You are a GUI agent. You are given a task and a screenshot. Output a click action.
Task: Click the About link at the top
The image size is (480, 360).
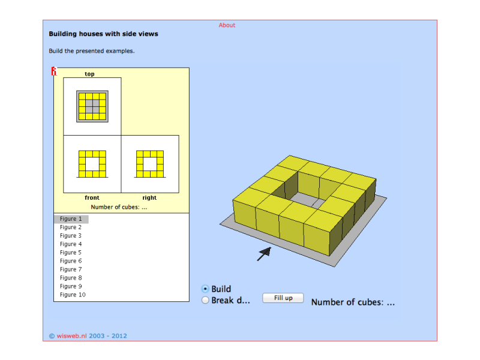coord(227,25)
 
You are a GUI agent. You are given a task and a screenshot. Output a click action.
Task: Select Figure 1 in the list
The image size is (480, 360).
coord(71,219)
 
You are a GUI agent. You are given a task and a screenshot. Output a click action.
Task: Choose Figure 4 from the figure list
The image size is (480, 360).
coord(71,244)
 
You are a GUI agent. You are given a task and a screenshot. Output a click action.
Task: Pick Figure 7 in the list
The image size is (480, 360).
coord(71,269)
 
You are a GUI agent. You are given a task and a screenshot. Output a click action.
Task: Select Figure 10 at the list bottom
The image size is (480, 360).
coord(73,295)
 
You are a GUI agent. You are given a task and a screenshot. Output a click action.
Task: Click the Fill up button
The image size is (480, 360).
coord(283,298)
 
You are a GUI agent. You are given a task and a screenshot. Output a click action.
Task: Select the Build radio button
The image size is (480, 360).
coord(205,289)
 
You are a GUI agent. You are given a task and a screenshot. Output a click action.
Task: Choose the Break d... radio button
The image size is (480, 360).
coord(205,300)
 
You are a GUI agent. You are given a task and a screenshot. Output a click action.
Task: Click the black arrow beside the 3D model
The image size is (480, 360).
coord(264,254)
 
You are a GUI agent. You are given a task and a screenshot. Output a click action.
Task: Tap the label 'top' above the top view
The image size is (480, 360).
coord(89,74)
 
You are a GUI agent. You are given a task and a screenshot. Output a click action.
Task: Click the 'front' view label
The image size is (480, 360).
coord(92,198)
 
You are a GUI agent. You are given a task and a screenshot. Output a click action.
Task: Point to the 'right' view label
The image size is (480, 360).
coord(149,198)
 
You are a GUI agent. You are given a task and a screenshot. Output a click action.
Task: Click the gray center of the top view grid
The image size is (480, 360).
coord(92,107)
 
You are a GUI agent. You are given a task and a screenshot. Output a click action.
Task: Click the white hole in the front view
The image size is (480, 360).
coord(92,164)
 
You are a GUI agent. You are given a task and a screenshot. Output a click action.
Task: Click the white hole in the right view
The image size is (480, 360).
coord(150,164)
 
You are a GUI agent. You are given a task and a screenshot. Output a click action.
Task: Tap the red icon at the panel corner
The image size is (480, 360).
coord(54,71)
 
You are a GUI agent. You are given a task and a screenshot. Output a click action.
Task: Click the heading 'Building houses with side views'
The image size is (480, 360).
coord(103,34)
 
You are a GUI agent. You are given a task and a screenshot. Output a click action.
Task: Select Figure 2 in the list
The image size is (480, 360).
coord(71,227)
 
